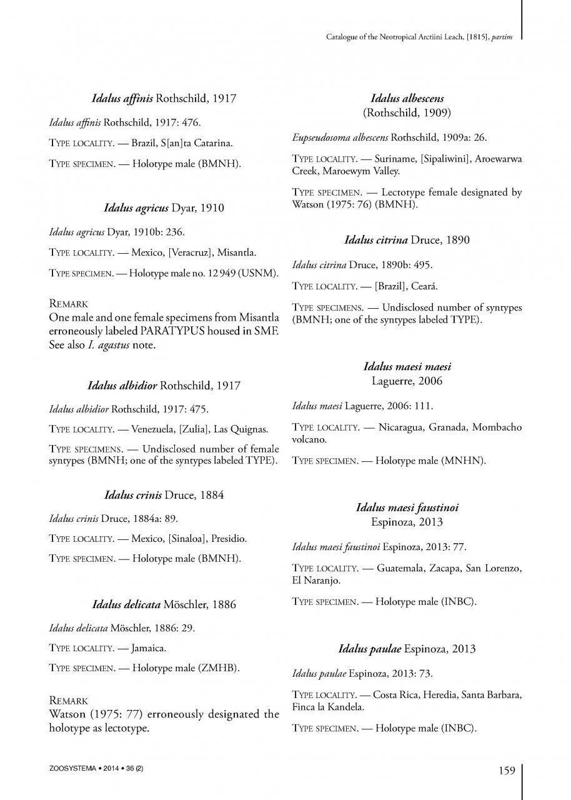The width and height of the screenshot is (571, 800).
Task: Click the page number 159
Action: click(x=507, y=771)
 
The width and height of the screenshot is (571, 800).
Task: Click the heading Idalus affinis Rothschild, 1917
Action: click(x=164, y=99)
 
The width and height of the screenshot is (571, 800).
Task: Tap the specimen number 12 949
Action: click(x=216, y=274)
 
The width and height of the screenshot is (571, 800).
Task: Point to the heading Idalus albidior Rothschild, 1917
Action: click(x=164, y=386)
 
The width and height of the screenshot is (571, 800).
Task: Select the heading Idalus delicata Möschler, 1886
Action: click(x=164, y=604)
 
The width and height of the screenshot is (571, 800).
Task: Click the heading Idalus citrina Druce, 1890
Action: click(x=407, y=239)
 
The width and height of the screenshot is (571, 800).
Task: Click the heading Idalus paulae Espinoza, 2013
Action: click(x=407, y=649)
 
